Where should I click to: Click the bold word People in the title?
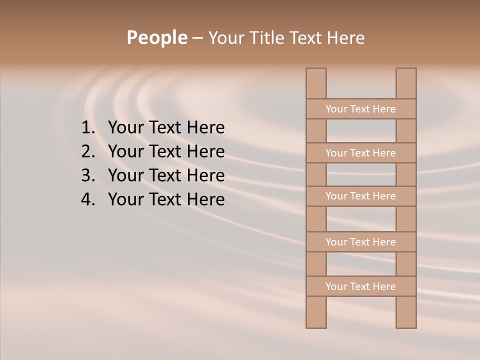(156, 37)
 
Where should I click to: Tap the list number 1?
(87, 128)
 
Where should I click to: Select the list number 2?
(87, 151)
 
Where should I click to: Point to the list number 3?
(87, 175)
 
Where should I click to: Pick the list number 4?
(87, 199)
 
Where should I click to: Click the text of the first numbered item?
(166, 128)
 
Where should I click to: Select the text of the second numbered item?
(166, 151)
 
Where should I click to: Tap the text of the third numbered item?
(166, 175)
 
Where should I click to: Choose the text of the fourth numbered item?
(166, 199)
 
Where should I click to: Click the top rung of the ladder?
(360, 109)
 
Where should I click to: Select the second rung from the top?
(360, 153)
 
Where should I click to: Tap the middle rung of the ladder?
(360, 196)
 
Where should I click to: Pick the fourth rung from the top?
(360, 242)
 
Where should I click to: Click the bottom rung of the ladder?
(360, 286)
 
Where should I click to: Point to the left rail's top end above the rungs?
(316, 83)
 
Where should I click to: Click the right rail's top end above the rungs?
(406, 83)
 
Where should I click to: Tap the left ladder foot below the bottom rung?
(316, 312)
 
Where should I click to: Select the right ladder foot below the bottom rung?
(406, 312)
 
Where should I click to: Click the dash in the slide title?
(197, 38)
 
